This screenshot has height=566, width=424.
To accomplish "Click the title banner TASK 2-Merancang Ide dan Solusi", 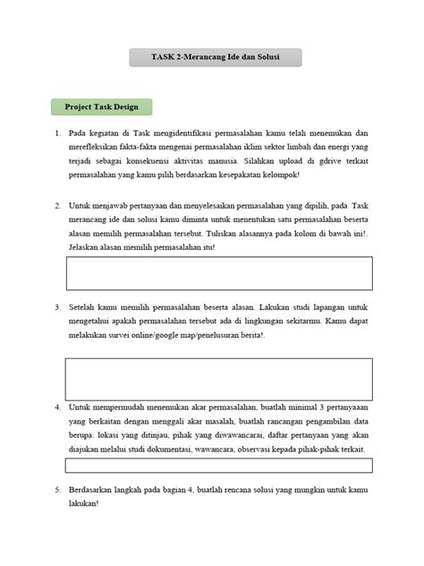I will coord(215,58).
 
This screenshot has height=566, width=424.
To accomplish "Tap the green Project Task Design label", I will coord(100,107).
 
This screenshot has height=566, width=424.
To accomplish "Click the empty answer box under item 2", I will coord(218,273).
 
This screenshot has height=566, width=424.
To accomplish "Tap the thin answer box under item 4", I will coord(218,465).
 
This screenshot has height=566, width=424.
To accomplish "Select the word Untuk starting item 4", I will coord(81,406).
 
